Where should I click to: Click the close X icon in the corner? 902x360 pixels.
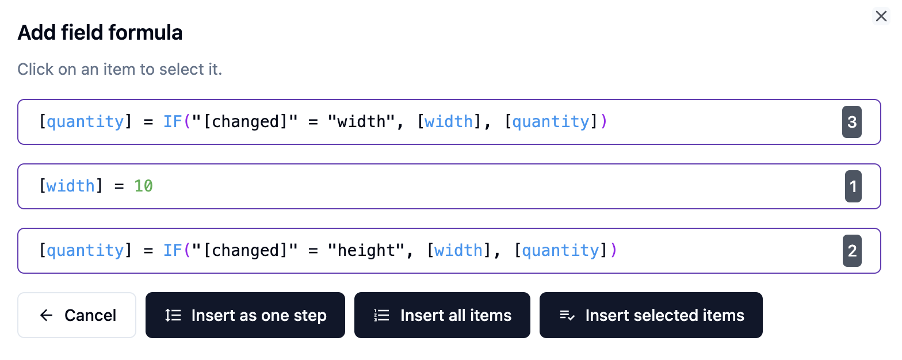tap(881, 16)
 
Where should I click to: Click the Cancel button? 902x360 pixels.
tap(77, 315)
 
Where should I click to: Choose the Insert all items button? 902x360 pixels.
tap(442, 315)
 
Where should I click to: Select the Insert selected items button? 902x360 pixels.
tap(651, 315)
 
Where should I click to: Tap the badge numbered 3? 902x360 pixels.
tap(852, 122)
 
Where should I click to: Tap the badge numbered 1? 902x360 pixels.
tap(853, 186)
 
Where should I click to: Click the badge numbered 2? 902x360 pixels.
tap(852, 251)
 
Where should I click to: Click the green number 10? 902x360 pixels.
tap(143, 186)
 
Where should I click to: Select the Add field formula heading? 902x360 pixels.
tap(100, 33)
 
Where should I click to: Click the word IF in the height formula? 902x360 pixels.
tap(173, 251)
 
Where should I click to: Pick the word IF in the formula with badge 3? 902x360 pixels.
tap(173, 122)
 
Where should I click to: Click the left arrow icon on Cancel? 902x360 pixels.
tap(46, 315)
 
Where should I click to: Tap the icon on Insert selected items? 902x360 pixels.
tap(567, 315)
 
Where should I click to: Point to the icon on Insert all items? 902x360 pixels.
tap(382, 315)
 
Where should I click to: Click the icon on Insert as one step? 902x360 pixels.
tap(173, 315)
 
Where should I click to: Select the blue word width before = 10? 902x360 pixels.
tap(71, 186)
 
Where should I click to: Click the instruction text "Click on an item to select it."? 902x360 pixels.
tap(120, 70)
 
